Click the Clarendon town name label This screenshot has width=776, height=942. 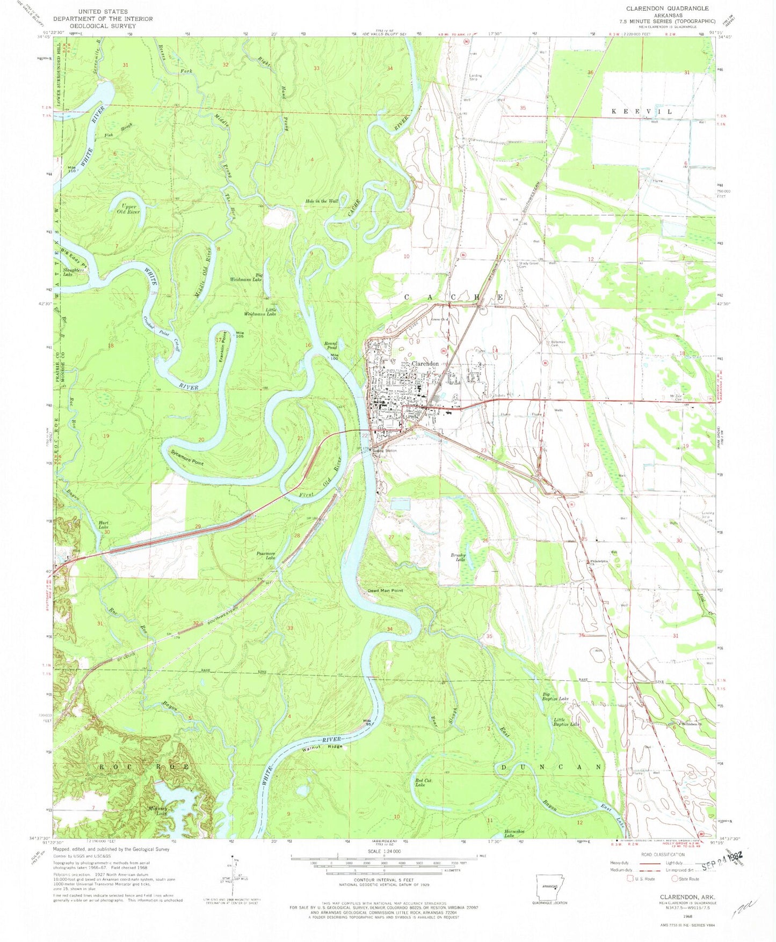coord(425,364)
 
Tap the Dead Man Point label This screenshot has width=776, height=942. coord(385,591)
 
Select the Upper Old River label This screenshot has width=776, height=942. coord(128,209)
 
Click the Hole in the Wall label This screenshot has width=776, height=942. coord(322,201)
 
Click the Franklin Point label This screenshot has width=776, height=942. coord(221,347)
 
